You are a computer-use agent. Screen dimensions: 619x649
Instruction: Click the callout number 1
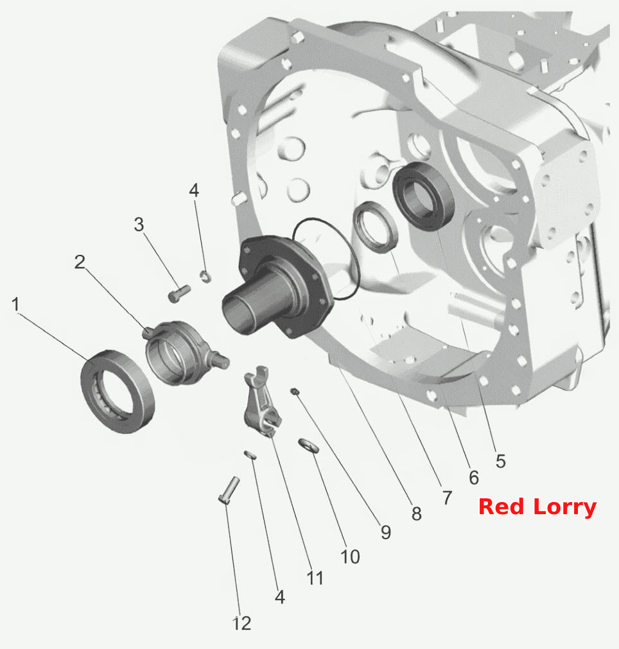coord(16,304)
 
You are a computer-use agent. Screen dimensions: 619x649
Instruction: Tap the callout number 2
coord(80,262)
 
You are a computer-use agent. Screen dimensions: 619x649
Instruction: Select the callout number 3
coord(139,224)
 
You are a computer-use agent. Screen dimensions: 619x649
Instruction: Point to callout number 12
coord(242,623)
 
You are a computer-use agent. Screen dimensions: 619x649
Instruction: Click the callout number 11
coord(315,578)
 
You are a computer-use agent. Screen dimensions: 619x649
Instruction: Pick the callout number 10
coord(350,557)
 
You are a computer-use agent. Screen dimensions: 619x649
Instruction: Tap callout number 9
coord(386,532)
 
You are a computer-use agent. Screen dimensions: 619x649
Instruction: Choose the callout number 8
coord(417,514)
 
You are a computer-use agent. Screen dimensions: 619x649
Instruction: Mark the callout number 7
coord(447,498)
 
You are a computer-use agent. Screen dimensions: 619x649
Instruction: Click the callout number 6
coord(474,478)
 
